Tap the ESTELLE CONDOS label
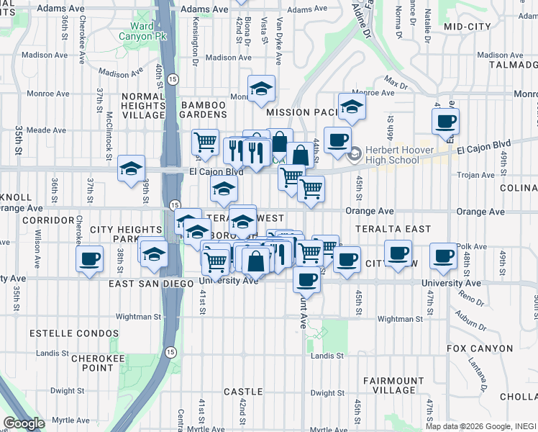pos(73,333)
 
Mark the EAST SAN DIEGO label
pos(151,284)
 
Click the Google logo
pos(24,423)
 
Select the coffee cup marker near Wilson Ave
pos(89,258)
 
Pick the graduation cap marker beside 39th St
pos(131,169)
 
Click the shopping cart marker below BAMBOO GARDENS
pos(205,142)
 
